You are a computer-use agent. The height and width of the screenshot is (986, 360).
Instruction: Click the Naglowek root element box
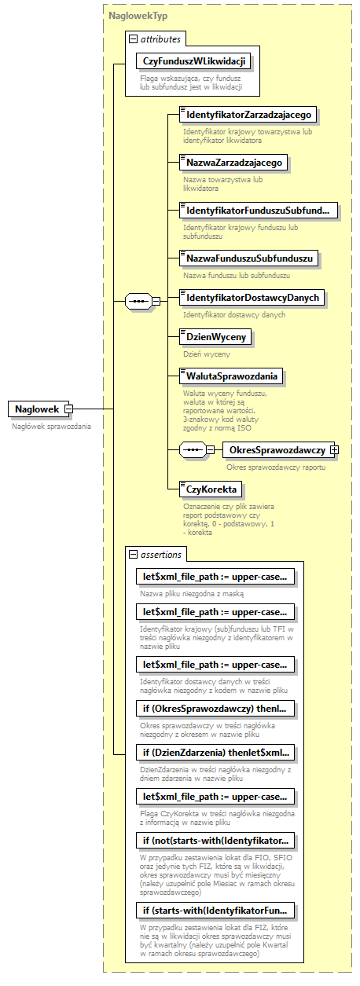36,409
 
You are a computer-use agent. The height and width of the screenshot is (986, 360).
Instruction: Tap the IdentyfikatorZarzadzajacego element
248,115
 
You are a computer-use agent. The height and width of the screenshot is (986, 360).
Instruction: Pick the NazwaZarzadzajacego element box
234,163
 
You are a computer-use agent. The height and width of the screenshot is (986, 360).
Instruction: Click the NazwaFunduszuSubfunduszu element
249,258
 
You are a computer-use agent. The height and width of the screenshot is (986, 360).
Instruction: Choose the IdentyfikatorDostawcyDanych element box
252,298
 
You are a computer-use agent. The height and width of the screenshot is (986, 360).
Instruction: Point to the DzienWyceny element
215,337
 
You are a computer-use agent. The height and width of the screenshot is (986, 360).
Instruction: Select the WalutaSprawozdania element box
232,376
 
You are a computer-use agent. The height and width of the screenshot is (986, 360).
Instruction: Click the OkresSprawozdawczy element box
276,449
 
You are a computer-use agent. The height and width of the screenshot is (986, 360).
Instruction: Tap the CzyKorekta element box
210,489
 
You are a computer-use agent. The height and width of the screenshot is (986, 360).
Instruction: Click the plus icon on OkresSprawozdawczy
334,449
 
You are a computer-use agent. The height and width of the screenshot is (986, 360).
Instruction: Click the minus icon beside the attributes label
133,38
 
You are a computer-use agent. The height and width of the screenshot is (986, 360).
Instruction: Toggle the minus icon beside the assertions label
133,555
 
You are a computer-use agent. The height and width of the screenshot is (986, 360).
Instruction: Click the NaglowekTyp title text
138,15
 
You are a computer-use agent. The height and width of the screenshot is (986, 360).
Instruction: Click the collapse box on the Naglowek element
68,409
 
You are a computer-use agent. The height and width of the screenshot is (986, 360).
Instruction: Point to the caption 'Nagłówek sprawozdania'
51,426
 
